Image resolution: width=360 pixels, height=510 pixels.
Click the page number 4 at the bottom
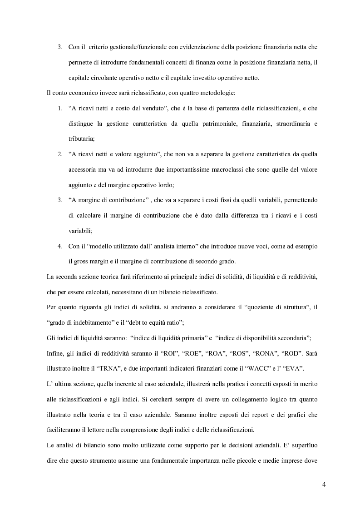[324, 484]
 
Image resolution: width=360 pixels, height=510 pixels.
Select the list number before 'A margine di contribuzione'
[59, 200]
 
